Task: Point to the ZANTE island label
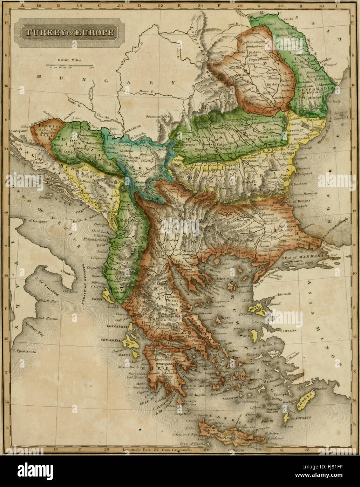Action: click(x=126, y=355)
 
